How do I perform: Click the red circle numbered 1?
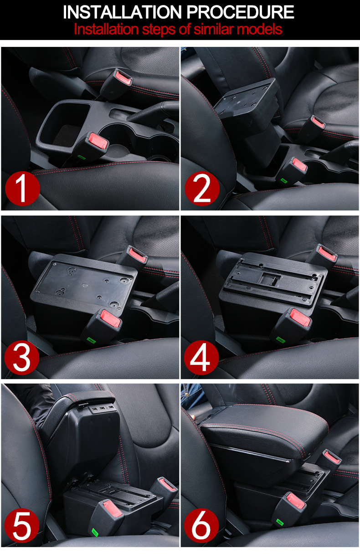(x=22, y=189)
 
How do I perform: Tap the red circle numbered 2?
(x=202, y=189)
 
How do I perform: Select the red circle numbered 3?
(x=22, y=357)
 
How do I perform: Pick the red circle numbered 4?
(x=201, y=357)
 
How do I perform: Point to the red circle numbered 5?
(x=22, y=526)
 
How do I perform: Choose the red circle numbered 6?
(x=201, y=526)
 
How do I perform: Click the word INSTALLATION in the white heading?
(x=122, y=12)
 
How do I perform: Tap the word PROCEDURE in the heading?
(x=240, y=12)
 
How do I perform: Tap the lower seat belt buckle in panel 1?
(x=92, y=145)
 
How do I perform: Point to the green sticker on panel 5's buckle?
(x=95, y=532)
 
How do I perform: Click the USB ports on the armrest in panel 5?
(x=102, y=409)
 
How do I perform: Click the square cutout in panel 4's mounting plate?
(x=270, y=279)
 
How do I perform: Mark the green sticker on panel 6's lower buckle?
(x=280, y=523)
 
